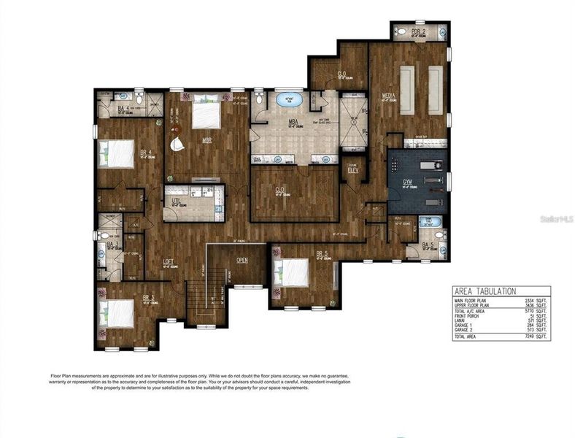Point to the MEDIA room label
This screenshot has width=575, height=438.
[389, 96]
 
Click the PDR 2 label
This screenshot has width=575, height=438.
[417, 32]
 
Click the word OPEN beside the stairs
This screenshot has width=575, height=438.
[243, 260]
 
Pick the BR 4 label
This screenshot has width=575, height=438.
[145, 153]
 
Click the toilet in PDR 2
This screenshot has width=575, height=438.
[442, 32]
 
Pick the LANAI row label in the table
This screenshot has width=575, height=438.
[460, 320]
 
